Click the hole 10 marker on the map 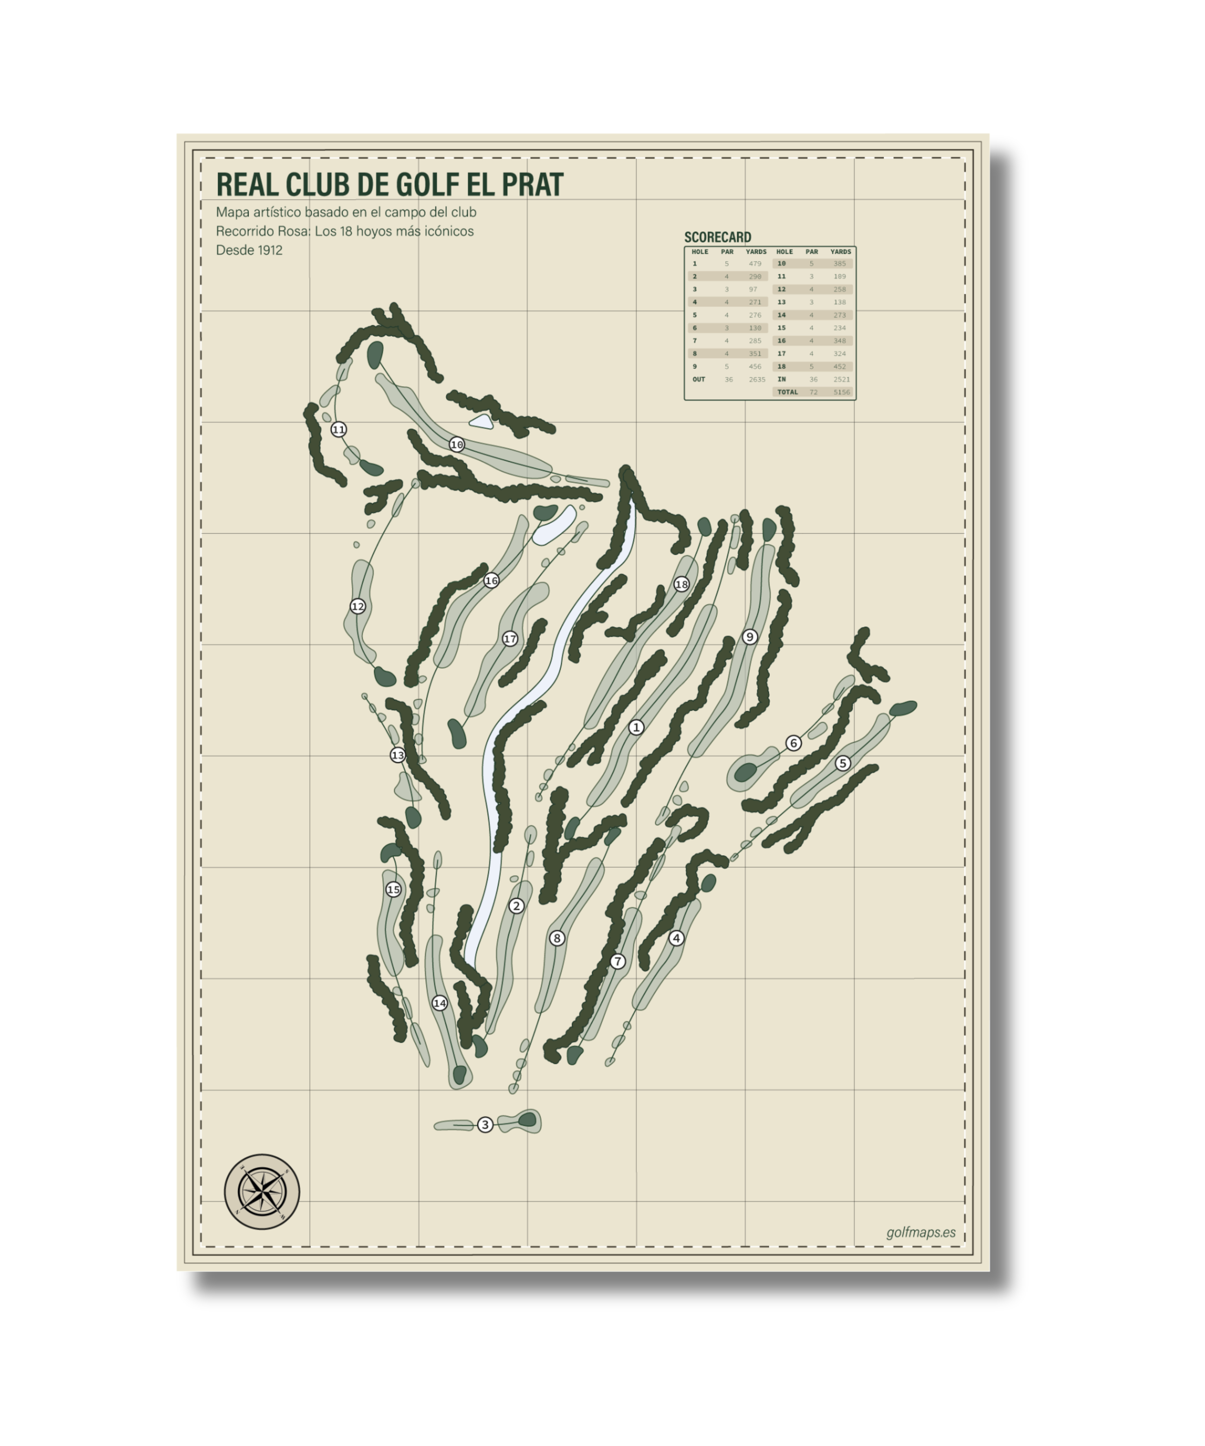coord(456,445)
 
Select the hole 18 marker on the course coord(681,584)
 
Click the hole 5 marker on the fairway coord(842,763)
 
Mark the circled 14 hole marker coord(439,1003)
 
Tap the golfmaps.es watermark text coord(921,1233)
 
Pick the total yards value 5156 coord(842,393)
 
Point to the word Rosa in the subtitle coord(293,231)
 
